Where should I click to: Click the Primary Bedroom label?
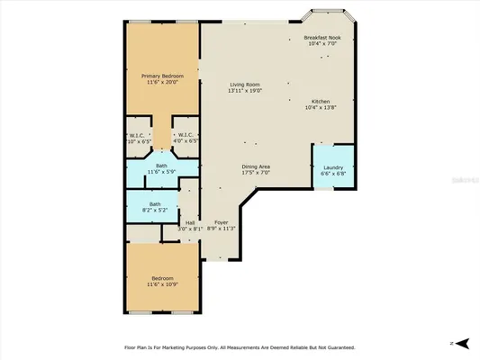tap(162, 76)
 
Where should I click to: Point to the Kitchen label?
tap(321, 101)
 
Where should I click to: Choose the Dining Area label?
tap(257, 166)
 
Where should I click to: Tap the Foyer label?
tap(221, 222)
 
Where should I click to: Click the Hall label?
tap(190, 222)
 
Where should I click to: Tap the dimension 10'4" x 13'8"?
tap(321, 107)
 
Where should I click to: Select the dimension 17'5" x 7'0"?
tap(257, 173)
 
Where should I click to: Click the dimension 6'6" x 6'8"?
tap(333, 175)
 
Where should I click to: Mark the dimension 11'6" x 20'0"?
tap(162, 83)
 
